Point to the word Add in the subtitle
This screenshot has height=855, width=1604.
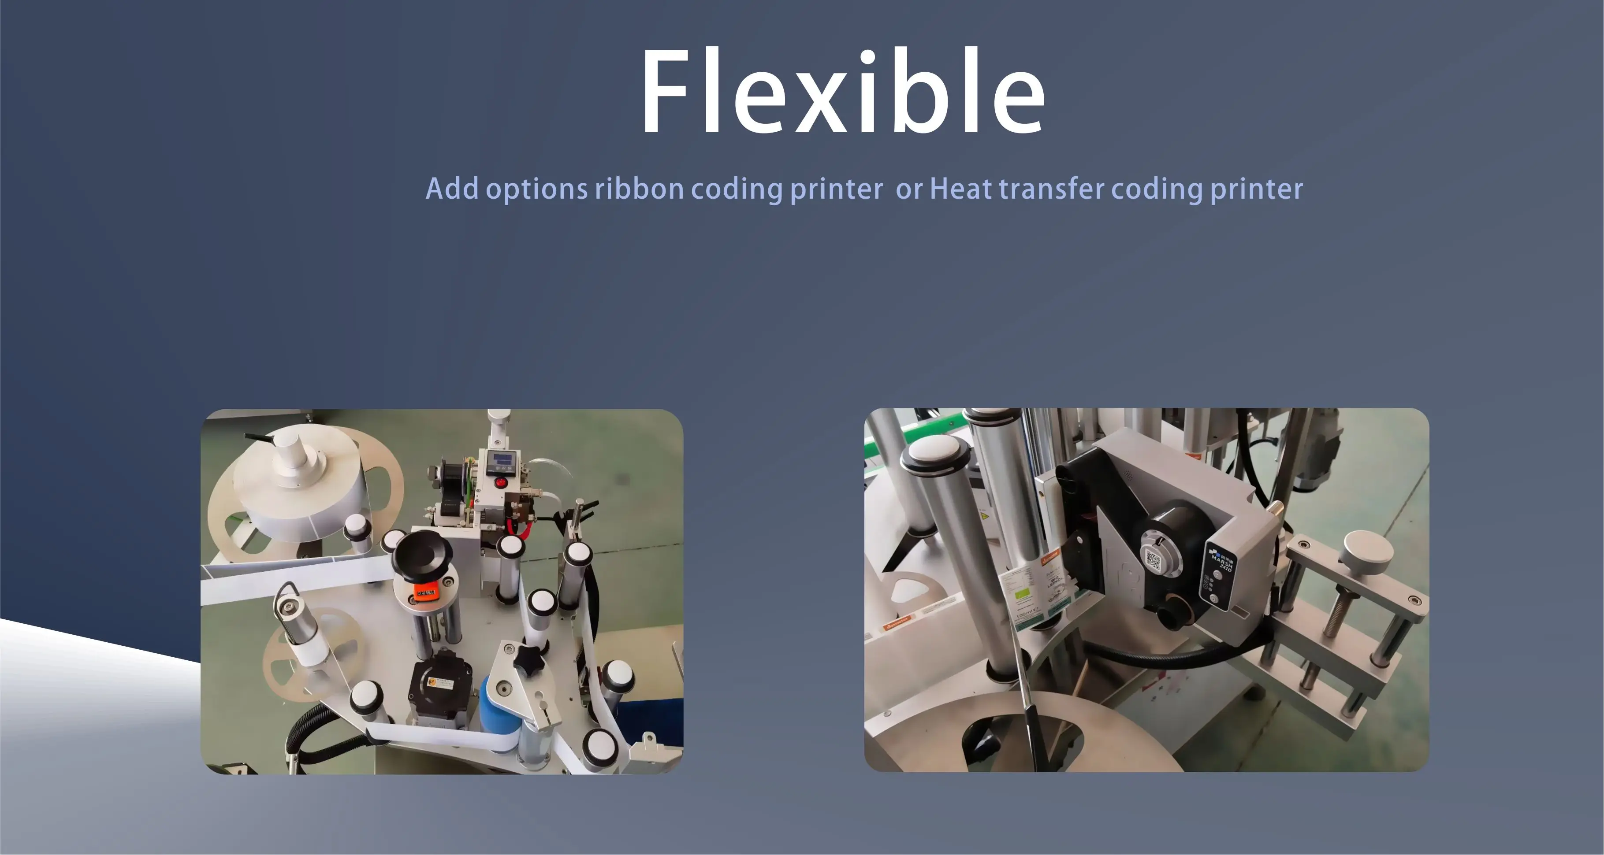(x=452, y=189)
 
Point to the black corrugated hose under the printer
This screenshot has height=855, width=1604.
(x=1171, y=659)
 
